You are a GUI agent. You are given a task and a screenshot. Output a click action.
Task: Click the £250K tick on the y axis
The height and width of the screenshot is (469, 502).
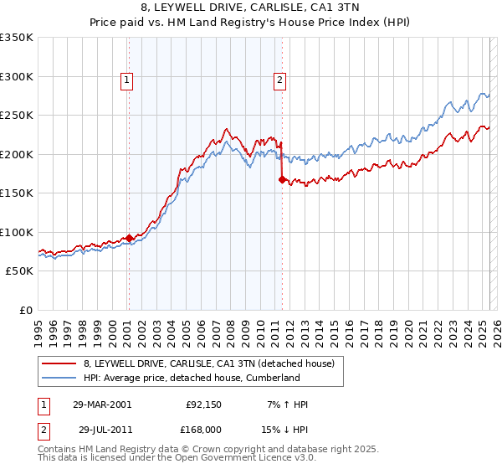[17, 115]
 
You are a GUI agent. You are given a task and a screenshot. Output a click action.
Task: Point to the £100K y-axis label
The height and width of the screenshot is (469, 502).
[17, 232]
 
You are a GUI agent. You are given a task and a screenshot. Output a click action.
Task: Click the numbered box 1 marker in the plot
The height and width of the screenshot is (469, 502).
[126, 80]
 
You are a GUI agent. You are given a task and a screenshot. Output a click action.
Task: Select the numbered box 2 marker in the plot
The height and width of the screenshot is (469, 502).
[279, 80]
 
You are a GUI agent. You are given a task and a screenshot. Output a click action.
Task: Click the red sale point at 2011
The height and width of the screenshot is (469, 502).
[283, 179]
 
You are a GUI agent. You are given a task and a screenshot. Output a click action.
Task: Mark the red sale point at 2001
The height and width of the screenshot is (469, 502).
[130, 238]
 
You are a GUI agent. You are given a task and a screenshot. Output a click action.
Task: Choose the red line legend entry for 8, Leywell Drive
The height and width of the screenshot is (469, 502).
[209, 363]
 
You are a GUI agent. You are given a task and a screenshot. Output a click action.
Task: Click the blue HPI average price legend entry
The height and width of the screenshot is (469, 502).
[192, 378]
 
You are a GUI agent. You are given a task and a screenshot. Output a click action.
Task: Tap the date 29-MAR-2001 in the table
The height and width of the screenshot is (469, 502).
[102, 405]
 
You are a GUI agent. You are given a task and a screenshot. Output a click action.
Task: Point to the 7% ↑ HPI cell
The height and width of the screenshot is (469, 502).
[287, 405]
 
